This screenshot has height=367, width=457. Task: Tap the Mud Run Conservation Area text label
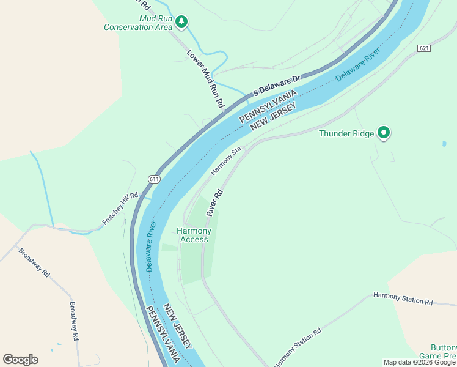pos(137,23)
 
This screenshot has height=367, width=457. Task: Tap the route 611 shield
pos(154,178)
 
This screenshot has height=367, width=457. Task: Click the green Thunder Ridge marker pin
pos(384,132)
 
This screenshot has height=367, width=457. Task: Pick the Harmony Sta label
pos(227,160)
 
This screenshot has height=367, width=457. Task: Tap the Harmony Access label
pos(194,235)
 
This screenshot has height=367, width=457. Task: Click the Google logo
pos(20,360)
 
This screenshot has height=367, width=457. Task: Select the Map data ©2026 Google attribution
pos(419,362)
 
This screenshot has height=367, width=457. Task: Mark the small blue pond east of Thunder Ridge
pos(444,144)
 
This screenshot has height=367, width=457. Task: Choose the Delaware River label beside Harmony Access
pos(151,246)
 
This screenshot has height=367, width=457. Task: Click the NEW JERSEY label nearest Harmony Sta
pos(273,117)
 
